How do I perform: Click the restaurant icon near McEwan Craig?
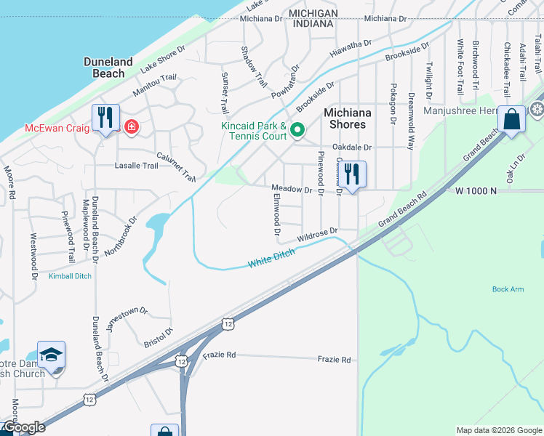(x=106, y=117)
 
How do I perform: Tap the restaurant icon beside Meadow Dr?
(x=353, y=174)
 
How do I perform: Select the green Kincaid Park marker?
(x=297, y=130)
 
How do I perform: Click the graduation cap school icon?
(x=51, y=355)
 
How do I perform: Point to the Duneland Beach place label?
(x=108, y=68)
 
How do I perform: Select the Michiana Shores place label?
(x=348, y=118)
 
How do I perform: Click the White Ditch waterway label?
(x=271, y=257)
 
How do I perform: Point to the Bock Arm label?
(x=508, y=289)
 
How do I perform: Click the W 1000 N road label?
(x=476, y=190)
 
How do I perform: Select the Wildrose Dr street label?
(x=319, y=235)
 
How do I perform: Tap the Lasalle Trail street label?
(x=136, y=166)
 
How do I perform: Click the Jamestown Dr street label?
(x=127, y=318)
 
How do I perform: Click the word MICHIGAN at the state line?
(x=313, y=14)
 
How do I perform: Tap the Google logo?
(x=24, y=427)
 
